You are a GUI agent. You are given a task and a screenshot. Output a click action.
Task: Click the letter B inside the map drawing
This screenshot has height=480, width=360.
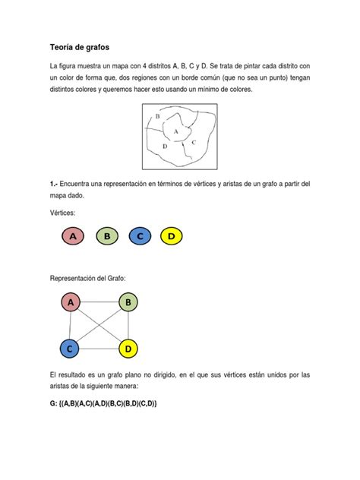pos(158,116)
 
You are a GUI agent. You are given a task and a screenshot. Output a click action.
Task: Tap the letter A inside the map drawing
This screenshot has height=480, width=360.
pos(177,131)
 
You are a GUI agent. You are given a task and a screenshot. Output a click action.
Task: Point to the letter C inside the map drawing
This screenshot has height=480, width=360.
pos(194,142)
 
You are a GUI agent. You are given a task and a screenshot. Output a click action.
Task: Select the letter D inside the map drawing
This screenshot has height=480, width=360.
pos(164,144)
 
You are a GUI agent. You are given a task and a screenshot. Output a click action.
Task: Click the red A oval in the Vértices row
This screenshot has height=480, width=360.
pos(74,237)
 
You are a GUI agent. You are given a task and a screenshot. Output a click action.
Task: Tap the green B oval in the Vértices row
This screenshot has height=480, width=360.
pos(107,237)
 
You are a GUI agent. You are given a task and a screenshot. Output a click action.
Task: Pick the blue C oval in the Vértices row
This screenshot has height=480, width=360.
pos(140,237)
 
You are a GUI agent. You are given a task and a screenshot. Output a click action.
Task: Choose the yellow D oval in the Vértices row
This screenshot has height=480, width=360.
pos(172,237)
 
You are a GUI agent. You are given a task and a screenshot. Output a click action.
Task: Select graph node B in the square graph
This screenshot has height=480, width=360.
pos(128,303)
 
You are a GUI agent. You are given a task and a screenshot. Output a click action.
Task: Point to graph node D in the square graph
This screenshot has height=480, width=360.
pos(128,349)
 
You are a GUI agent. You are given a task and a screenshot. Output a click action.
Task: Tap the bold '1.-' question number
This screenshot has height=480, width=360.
pos(54,185)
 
